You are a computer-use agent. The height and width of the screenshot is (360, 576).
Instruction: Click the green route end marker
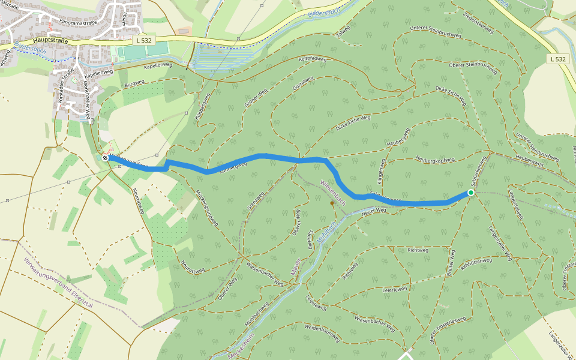pos(470,193)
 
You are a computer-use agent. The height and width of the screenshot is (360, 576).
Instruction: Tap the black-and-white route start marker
pos(106,158)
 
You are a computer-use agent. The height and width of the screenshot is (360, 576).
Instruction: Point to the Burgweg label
pos(134,83)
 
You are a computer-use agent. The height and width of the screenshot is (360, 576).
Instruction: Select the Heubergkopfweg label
pos(435,160)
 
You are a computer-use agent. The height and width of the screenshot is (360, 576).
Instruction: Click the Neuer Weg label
pos(373,210)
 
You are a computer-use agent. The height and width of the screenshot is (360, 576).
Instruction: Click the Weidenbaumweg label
pos(322,329)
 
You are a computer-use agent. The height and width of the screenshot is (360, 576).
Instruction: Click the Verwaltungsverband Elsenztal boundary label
pos(58,283)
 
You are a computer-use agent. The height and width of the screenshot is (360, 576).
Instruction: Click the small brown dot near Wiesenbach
pos(332,203)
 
